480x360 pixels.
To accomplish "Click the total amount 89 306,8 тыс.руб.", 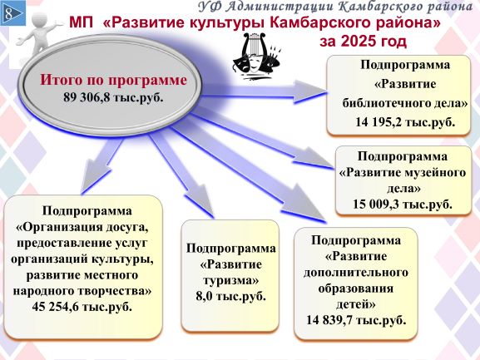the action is coord(113,97).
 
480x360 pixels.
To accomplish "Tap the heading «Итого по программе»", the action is coord(113,80).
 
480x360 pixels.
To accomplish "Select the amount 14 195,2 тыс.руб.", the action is coord(405,121).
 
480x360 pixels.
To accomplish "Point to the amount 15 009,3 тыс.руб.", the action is coord(403,204).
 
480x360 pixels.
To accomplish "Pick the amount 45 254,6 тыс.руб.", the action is coord(82,307).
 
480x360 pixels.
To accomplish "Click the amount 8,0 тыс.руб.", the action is coord(230,296).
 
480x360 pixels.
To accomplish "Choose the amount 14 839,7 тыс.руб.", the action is coord(356,320).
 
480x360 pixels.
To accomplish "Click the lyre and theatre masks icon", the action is coord(256,57).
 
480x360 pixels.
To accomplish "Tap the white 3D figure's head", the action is coord(40,20).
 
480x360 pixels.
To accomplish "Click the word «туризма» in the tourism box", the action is coord(230,281).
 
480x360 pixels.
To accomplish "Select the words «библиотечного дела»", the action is coord(405,103).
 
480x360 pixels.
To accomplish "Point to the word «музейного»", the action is coord(435,172).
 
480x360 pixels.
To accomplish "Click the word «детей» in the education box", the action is coord(356,304).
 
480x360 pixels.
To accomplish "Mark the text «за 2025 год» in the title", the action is coord(363,42).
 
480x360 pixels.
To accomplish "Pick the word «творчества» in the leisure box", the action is coord(114,290).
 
